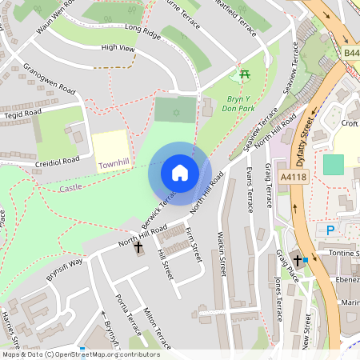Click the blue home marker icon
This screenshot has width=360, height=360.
[180, 173]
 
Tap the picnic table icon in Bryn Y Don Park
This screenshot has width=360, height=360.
[244, 75]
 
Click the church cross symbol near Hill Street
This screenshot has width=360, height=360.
[138, 249]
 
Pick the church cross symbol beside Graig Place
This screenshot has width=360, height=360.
[298, 260]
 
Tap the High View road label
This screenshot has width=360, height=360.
[118, 48]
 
